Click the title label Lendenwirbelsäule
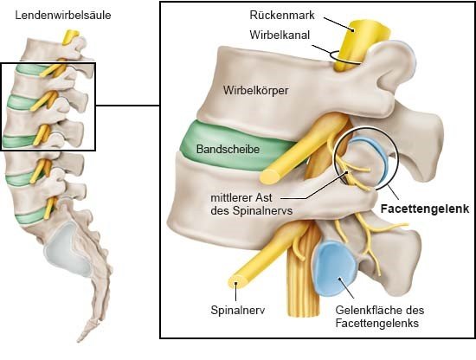pos(63,16)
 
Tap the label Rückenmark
pos(282,15)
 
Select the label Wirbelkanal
pos(280,35)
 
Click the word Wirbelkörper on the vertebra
pos(255,90)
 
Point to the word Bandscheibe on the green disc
pos(228,149)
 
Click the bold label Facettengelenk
pos(425,209)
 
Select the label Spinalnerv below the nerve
pos(238,310)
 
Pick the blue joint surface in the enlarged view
pos(335,268)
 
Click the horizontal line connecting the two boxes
pos(128,106)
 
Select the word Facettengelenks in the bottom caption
pos(377,324)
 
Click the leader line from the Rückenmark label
pos(338,23)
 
